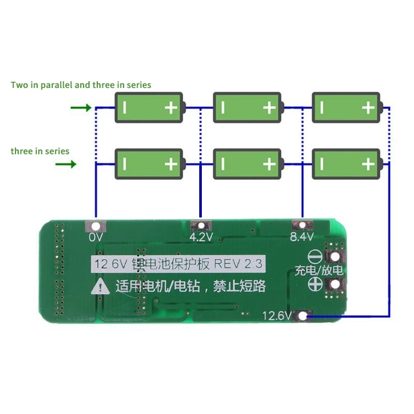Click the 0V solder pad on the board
click(x=96, y=226)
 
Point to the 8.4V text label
click(x=302, y=238)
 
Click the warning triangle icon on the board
click(x=98, y=287)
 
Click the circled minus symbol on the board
click(x=316, y=257)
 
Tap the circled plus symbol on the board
click(x=316, y=284)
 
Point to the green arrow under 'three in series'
click(x=66, y=165)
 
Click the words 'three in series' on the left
click(x=40, y=151)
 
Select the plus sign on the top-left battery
click(x=171, y=108)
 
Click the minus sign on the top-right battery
click(x=322, y=108)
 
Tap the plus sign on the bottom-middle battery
click(x=269, y=165)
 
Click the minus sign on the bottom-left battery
click(x=124, y=165)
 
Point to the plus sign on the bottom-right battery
click(x=368, y=165)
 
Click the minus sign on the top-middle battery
click(x=223, y=108)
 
